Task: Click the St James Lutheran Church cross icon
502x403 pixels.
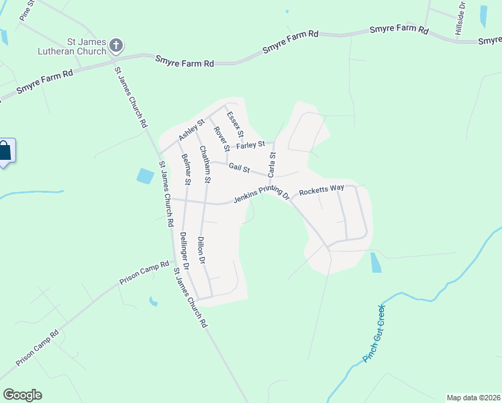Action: click(115, 45)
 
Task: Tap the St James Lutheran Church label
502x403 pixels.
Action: click(76, 46)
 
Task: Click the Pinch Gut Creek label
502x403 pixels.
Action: click(374, 334)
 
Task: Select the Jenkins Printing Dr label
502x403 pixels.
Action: click(261, 197)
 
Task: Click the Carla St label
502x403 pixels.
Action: click(272, 165)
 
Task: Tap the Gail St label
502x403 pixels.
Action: click(239, 167)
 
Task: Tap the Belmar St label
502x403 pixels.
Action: click(187, 170)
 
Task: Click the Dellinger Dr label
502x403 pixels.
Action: click(185, 251)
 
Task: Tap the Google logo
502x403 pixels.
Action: click(21, 395)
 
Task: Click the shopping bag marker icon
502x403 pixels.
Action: click(5, 150)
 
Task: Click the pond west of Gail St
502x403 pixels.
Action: click(145, 177)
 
